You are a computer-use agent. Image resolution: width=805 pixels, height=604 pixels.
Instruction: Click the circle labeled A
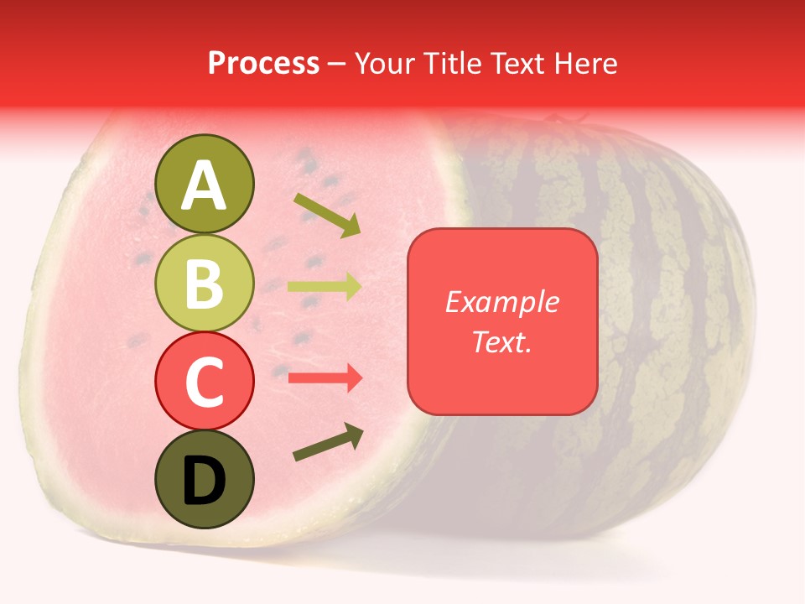click(x=205, y=184)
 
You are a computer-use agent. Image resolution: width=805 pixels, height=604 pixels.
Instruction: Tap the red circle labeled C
click(x=205, y=381)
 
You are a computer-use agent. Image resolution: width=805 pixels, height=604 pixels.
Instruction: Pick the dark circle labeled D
click(x=205, y=479)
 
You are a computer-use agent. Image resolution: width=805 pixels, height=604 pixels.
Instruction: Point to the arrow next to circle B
click(x=325, y=287)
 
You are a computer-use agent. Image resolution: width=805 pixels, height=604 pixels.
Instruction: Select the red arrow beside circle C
click(x=325, y=378)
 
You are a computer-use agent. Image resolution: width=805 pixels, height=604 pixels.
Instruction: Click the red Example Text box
click(x=502, y=321)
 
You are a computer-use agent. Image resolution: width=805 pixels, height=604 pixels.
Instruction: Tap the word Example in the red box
click(x=502, y=302)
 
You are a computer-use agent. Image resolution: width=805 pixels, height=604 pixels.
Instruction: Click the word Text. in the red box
click(x=502, y=341)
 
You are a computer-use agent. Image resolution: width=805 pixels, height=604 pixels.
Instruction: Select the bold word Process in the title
click(x=263, y=63)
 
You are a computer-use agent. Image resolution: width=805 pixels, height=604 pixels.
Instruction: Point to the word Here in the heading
click(x=586, y=63)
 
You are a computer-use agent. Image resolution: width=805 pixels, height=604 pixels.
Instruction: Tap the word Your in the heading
click(x=384, y=63)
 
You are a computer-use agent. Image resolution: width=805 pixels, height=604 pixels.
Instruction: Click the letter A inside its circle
click(x=205, y=185)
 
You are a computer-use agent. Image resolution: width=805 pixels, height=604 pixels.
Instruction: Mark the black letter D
click(x=205, y=481)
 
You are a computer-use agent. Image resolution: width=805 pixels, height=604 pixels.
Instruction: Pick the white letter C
click(x=205, y=382)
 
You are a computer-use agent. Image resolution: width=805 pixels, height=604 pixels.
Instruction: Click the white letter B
click(x=205, y=283)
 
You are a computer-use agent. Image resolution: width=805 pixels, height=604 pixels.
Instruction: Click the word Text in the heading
click(x=512, y=63)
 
